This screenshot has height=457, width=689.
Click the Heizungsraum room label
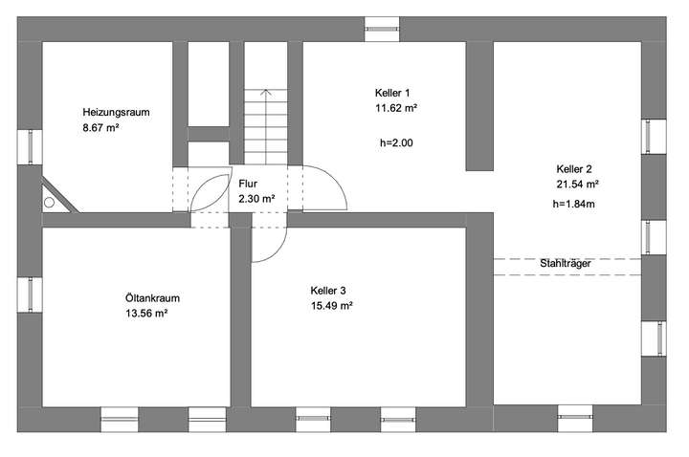point(116,112)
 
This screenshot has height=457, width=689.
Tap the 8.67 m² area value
point(100,126)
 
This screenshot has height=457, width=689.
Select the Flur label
point(248,184)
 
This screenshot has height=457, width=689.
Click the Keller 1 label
point(392,93)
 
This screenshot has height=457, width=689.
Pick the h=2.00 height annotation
point(397,142)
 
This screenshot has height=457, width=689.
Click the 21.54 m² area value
point(577,183)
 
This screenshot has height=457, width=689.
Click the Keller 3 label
point(328,291)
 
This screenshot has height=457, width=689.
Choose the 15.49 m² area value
point(332,306)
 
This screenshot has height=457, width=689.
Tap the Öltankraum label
point(152,298)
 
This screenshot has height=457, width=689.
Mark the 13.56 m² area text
point(146,314)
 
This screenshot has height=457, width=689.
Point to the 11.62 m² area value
point(396,108)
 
